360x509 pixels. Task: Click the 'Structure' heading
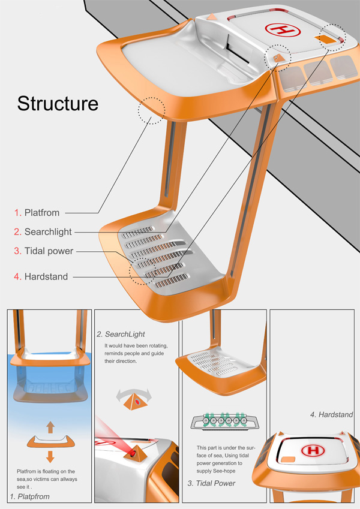click(x=58, y=103)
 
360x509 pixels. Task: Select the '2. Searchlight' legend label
click(x=44, y=231)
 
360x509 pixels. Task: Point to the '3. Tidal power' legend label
click(x=44, y=251)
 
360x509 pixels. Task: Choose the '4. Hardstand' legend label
click(x=41, y=277)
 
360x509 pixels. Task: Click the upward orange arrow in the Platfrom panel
click(x=50, y=427)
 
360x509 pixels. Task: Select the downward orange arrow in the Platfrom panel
click(x=50, y=456)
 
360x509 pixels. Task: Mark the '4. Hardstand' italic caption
click(x=331, y=414)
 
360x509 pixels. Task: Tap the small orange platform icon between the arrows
click(x=50, y=442)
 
